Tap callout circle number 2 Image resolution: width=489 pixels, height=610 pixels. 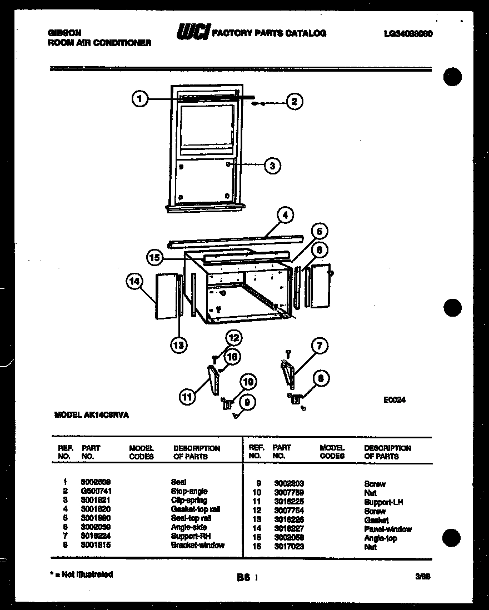coord(294,102)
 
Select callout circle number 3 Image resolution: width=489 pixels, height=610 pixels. coord(272,166)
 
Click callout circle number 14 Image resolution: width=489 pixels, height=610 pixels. coord(134,282)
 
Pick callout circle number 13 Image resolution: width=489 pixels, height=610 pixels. coord(178,345)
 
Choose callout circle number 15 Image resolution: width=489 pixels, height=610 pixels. coord(156,257)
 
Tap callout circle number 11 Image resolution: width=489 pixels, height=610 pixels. coord(188,397)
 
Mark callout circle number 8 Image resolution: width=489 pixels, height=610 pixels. coord(321,379)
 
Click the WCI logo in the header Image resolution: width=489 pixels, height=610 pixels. coord(192,34)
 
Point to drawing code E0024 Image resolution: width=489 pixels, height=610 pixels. coord(394,398)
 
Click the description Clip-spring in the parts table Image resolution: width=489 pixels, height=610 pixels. coord(189,501)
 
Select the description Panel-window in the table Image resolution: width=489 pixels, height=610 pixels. coord(388,529)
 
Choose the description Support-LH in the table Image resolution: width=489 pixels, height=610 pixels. coord(383,502)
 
